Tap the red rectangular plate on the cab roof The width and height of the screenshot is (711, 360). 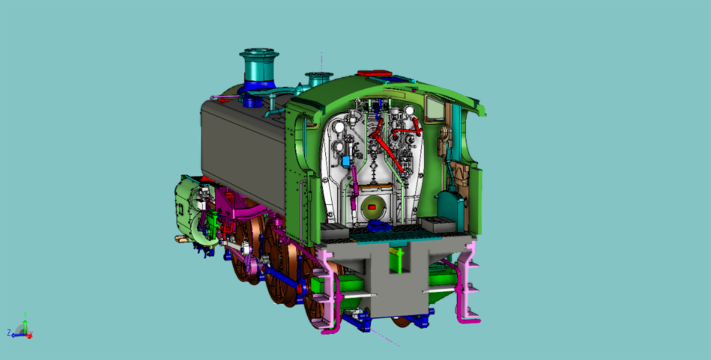(374, 73)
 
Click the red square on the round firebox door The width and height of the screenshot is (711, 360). (371, 207)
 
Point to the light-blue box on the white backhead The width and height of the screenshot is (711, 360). (346, 162)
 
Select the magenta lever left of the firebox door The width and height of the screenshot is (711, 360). (354, 187)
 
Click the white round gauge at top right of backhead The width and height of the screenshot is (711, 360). (409, 110)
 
